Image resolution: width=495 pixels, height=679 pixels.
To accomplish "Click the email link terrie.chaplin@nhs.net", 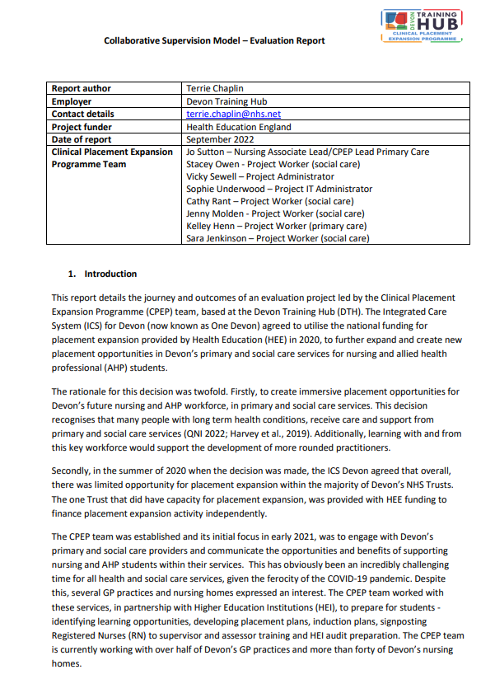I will coord(234,115).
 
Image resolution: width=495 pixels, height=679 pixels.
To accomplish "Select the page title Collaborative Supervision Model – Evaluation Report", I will coord(214,40).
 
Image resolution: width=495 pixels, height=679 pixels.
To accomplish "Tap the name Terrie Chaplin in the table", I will coord(217,89).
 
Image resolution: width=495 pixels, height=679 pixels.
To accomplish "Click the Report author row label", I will coord(81,89).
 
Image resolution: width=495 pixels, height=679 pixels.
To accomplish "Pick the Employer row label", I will coord(72,102).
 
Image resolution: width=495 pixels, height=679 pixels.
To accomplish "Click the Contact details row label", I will coord(82,115).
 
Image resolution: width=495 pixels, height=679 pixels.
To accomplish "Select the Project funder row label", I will coord(81,127).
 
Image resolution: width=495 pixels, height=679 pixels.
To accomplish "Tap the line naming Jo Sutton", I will coord(307,152).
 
